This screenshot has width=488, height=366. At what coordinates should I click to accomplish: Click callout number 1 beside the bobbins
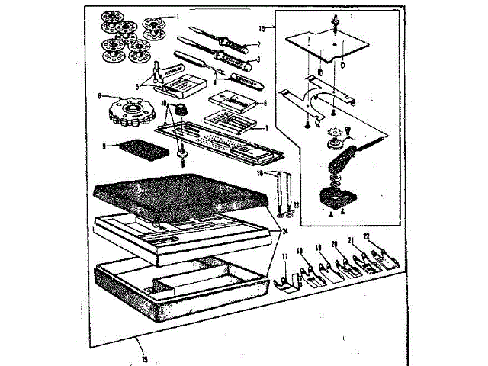pyautogui.click(x=178, y=15)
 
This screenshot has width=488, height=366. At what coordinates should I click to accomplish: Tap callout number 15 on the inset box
pyautogui.click(x=262, y=28)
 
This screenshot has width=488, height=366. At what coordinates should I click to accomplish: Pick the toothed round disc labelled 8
pyautogui.click(x=130, y=114)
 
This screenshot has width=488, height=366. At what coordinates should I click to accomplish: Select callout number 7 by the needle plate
pyautogui.click(x=265, y=128)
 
